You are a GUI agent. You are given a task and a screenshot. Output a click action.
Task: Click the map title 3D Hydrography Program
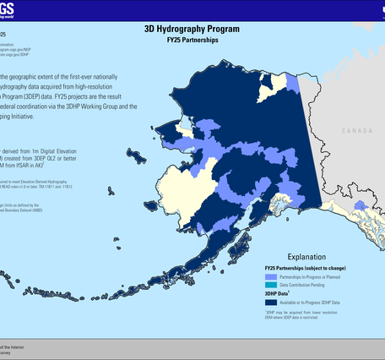pyautogui.click(x=192, y=28)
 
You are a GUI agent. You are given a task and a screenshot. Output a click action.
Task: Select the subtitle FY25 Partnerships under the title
pyautogui.click(x=192, y=39)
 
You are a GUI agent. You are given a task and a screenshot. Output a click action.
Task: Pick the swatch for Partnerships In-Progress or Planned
pyautogui.click(x=270, y=277)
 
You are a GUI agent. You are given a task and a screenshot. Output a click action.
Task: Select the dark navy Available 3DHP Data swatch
pyautogui.click(x=270, y=303)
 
